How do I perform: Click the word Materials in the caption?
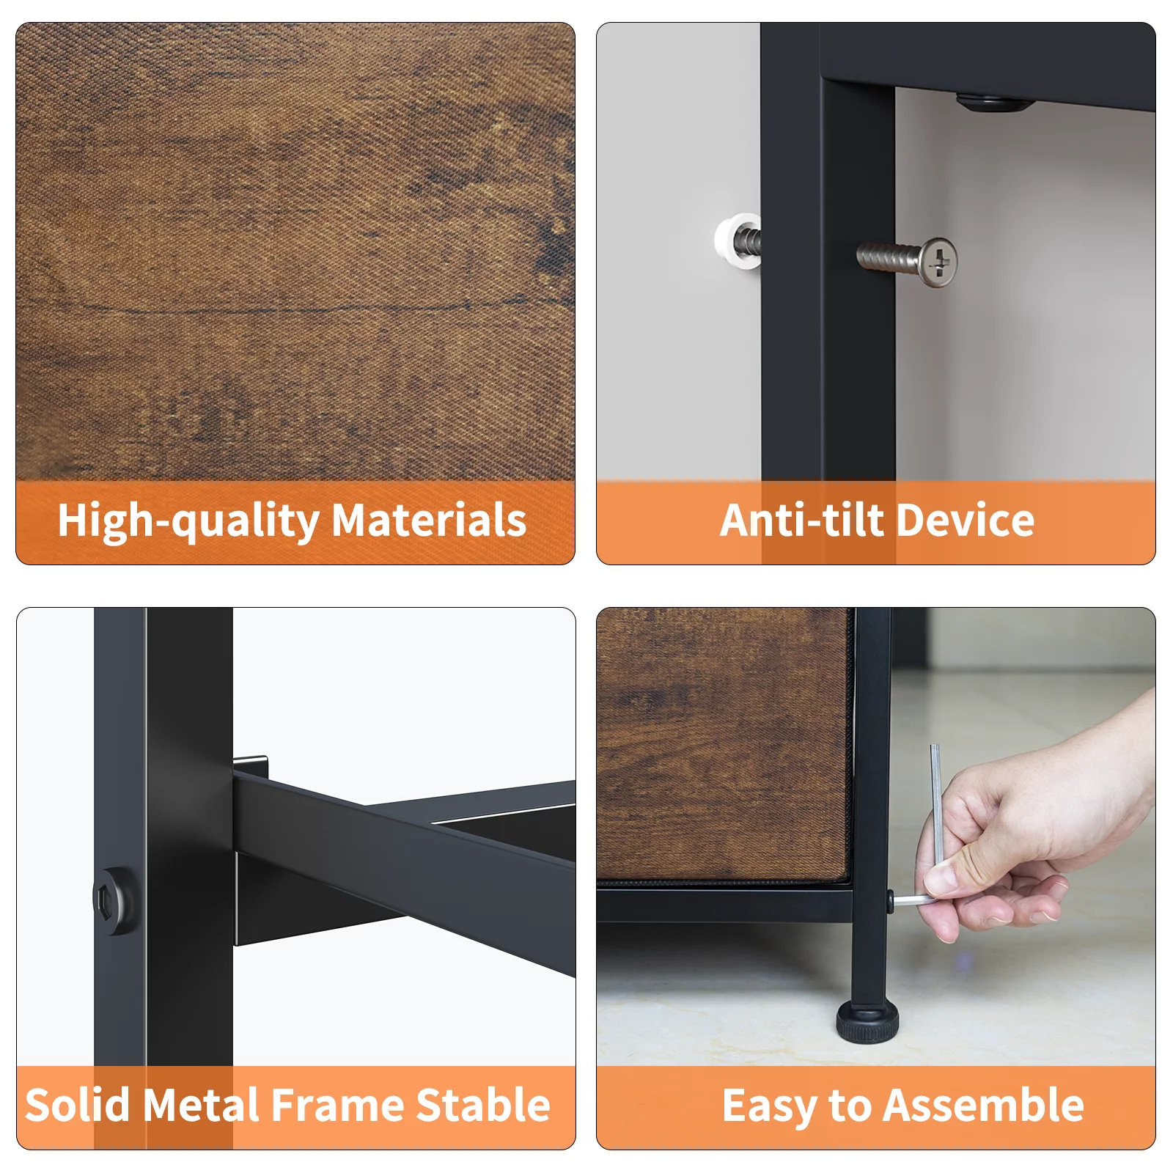point(429,521)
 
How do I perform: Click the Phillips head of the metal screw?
point(938,262)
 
